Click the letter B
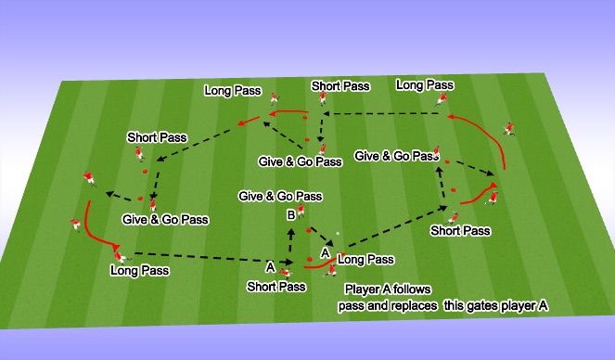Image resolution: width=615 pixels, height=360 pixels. click(x=290, y=214)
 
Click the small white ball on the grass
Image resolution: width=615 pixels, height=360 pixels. click(x=339, y=233)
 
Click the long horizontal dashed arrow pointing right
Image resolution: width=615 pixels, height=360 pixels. click(x=199, y=257)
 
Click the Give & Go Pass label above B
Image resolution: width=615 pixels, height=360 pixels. click(x=280, y=196)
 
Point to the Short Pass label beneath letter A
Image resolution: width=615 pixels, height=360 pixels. click(x=276, y=287)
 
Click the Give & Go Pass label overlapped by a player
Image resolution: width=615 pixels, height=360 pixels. click(x=397, y=157)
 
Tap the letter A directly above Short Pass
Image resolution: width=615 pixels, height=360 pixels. click(x=270, y=267)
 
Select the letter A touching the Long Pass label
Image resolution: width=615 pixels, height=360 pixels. click(x=326, y=251)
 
